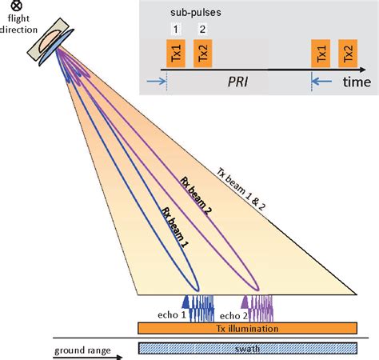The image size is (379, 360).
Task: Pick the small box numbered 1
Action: point(175,30)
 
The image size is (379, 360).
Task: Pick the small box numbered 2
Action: point(203,30)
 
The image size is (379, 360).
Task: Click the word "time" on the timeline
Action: point(356,82)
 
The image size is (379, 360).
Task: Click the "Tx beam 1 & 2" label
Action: point(255,194)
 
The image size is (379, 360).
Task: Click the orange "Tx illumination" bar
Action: point(247,328)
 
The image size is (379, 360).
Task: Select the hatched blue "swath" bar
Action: point(247,348)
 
